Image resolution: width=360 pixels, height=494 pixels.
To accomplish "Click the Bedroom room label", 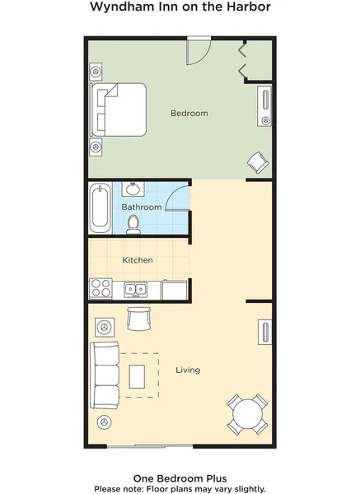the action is pyautogui.click(x=189, y=113).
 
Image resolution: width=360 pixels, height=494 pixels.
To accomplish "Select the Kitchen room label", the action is pyautogui.click(x=138, y=260).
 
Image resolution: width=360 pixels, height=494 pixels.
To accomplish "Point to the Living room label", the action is pyautogui.click(x=188, y=370).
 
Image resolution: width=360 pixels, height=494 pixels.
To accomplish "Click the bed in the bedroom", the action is pyautogui.click(x=119, y=110).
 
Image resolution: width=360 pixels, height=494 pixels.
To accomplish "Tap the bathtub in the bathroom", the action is pyautogui.click(x=100, y=208).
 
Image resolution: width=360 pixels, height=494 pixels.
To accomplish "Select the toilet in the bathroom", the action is pyautogui.click(x=133, y=225).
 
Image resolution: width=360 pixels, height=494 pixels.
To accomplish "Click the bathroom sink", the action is pyautogui.click(x=133, y=189).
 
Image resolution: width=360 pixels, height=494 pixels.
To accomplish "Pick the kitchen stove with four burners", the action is pyautogui.click(x=101, y=289).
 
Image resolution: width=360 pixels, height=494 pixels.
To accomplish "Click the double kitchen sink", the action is pyautogui.click(x=136, y=290).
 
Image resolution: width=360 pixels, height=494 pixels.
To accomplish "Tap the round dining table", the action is pyautogui.click(x=247, y=414).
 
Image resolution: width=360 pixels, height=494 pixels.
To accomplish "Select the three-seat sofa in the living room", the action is pyautogui.click(x=105, y=375).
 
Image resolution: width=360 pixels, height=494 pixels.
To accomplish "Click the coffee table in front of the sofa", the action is pyautogui.click(x=137, y=377).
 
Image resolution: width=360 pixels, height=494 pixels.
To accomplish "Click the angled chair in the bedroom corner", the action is pyautogui.click(x=258, y=162).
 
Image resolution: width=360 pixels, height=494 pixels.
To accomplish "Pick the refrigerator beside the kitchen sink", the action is pyautogui.click(x=175, y=290).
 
